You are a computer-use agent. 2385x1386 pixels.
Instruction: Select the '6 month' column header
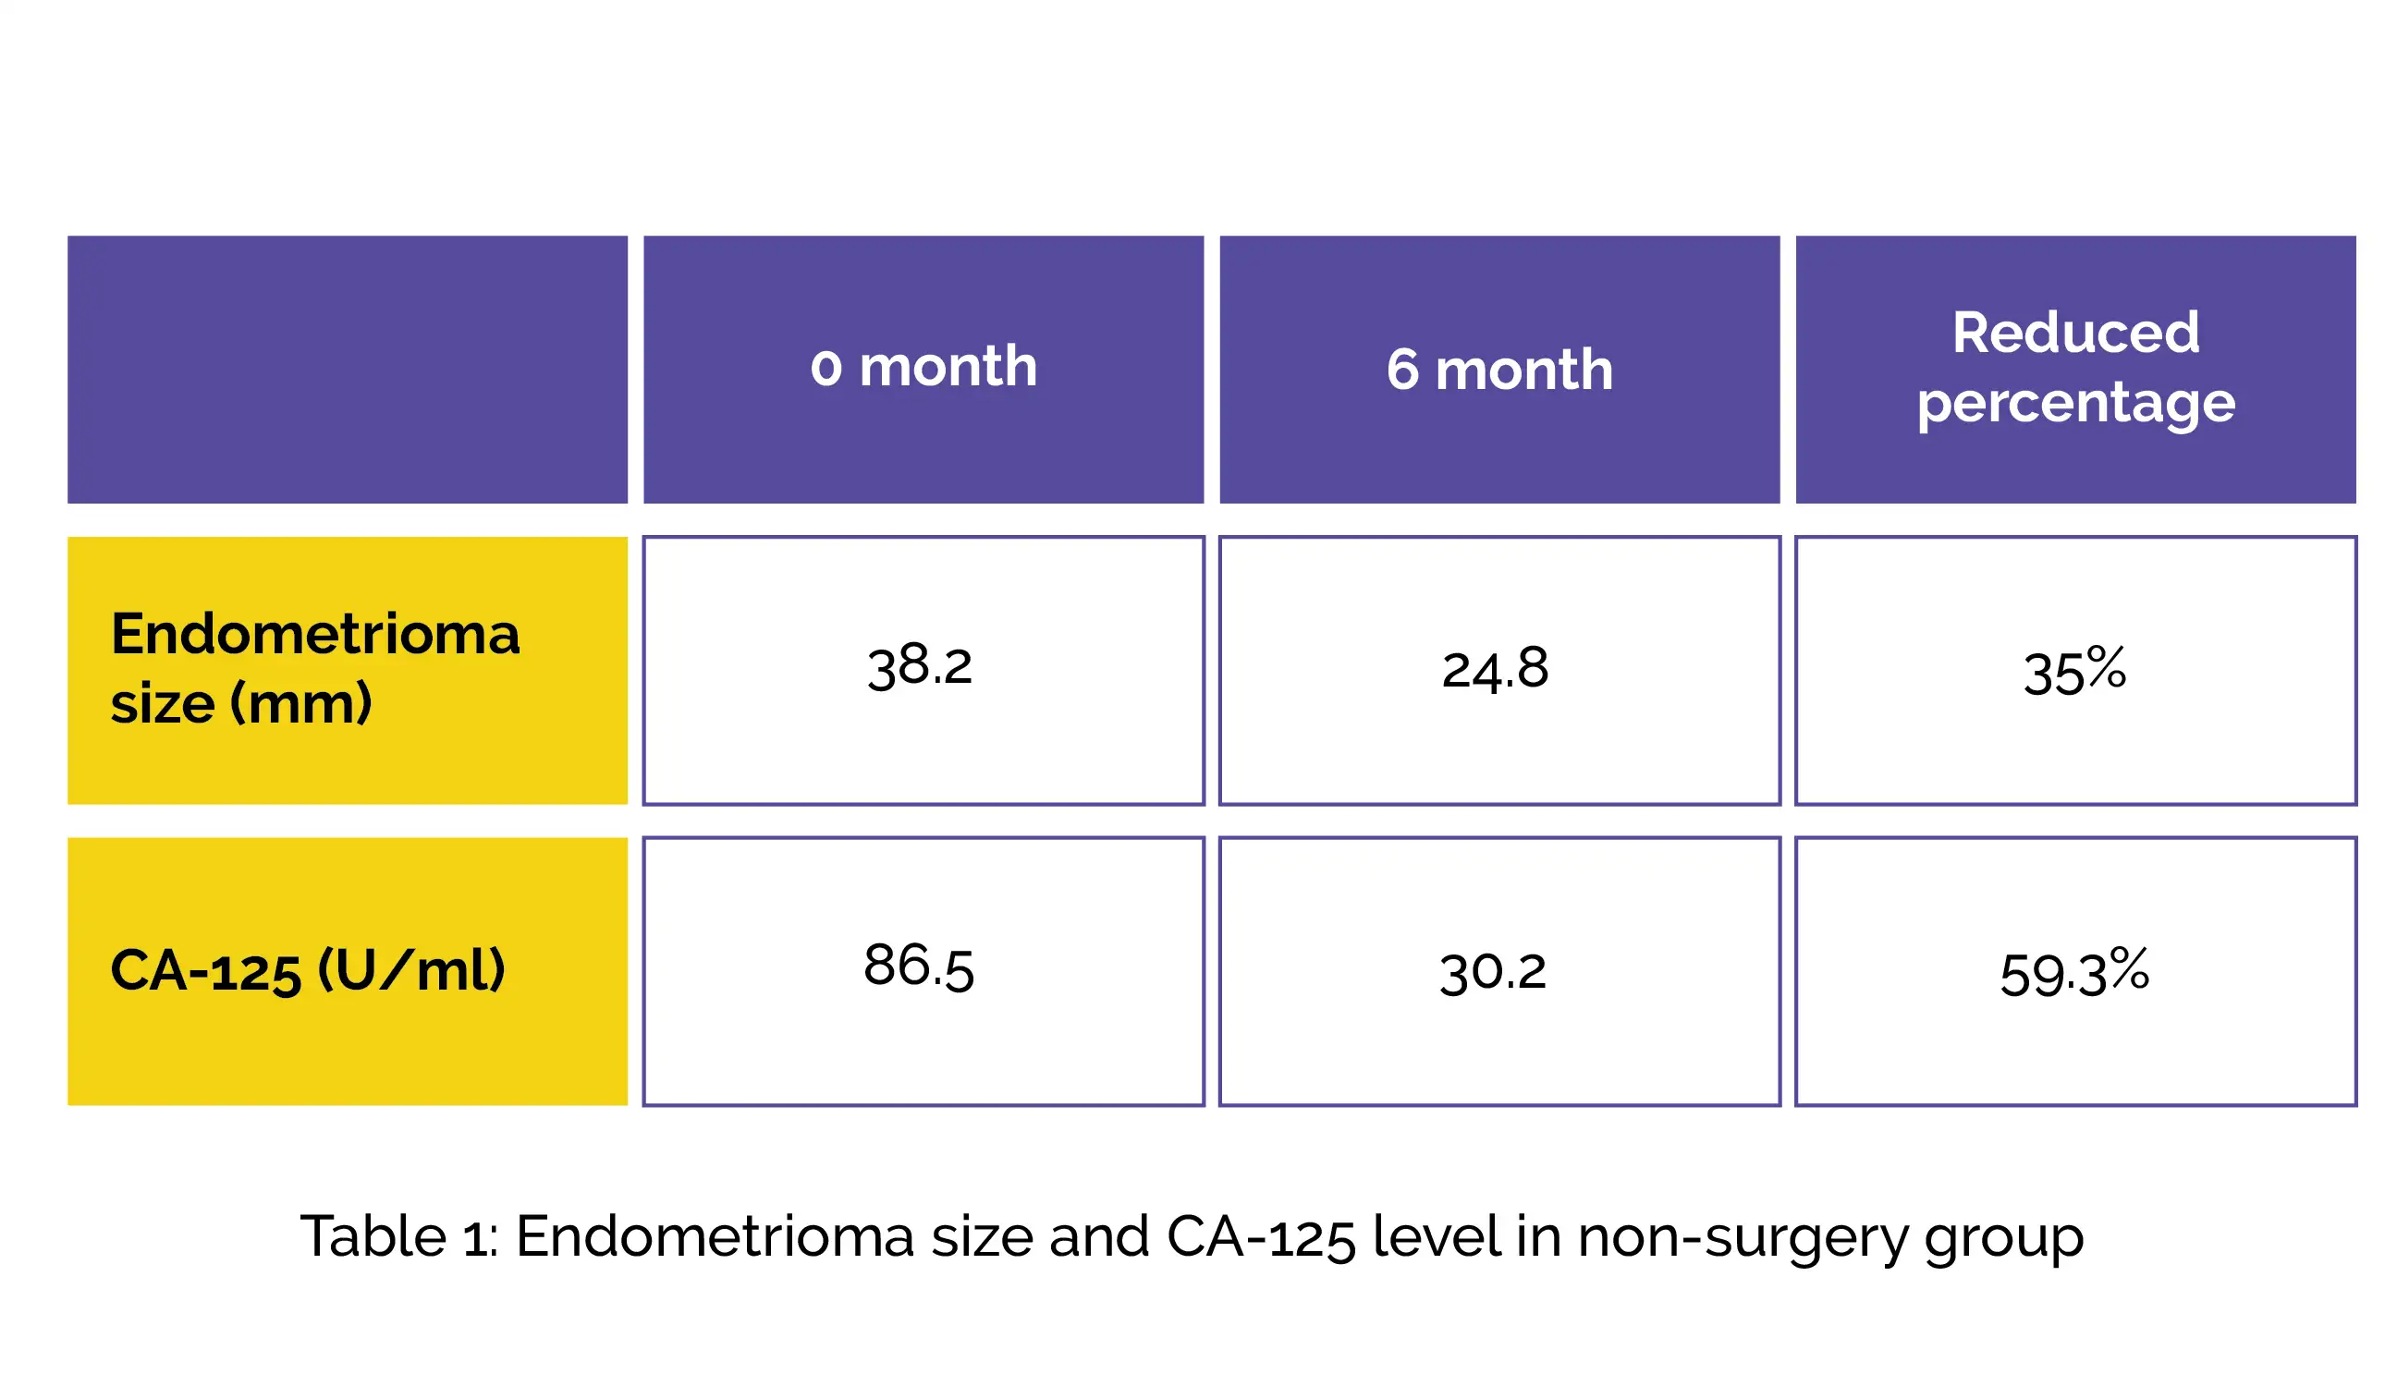[1499, 369]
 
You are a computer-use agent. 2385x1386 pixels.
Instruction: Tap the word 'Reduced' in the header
[2075, 332]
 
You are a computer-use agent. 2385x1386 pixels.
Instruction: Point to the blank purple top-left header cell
[348, 369]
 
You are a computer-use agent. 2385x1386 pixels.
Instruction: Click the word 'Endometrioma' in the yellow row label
[315, 633]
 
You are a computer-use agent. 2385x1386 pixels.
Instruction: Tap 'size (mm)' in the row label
[241, 704]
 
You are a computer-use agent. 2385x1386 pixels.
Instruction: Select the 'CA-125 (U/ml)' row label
[308, 969]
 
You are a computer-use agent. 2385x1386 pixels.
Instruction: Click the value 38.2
[919, 666]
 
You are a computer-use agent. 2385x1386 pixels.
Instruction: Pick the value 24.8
[1496, 669]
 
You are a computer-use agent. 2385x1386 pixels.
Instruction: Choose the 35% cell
[2074, 671]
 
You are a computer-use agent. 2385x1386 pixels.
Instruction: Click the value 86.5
[918, 967]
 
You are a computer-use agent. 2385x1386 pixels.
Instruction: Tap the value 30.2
[1494, 972]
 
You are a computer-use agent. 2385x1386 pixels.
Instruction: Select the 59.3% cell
[2074, 972]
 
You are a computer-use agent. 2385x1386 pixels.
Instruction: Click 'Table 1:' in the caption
[398, 1235]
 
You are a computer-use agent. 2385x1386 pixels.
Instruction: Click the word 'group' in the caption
[2004, 1240]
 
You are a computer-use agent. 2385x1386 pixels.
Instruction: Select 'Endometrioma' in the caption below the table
[715, 1235]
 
